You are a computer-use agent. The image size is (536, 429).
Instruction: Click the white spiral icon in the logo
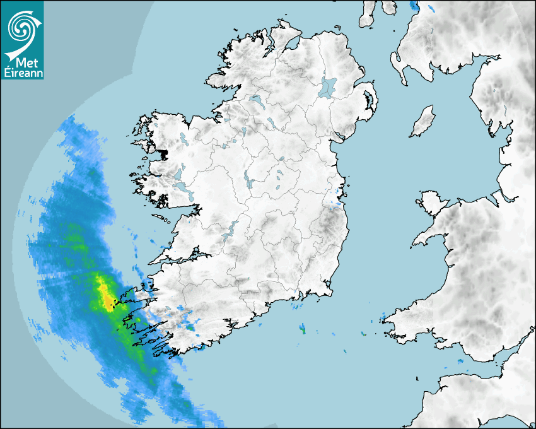pos(22,27)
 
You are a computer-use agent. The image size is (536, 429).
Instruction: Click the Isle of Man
pos(423,122)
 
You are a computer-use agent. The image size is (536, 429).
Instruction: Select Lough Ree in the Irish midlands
pos(250,182)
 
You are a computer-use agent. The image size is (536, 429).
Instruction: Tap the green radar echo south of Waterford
pos(302,329)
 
